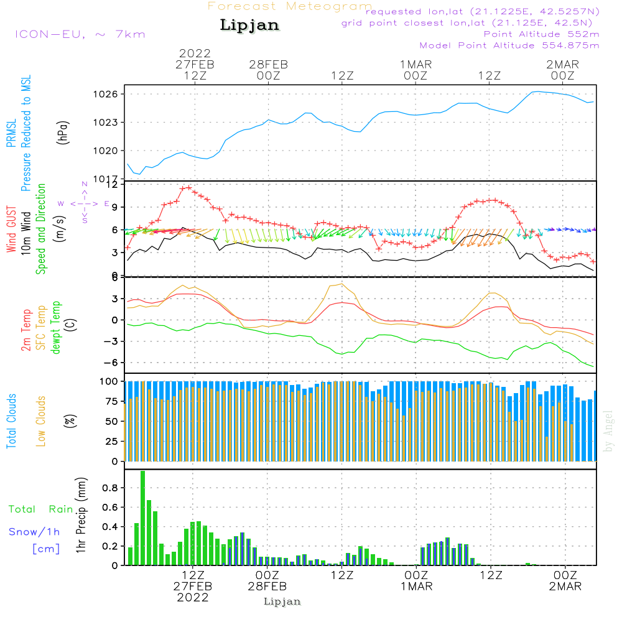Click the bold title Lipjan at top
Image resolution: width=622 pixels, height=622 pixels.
249,26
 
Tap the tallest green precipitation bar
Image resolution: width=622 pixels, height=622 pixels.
142,518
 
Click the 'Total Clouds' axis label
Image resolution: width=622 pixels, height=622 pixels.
12,421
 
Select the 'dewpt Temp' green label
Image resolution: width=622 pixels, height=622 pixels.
55,328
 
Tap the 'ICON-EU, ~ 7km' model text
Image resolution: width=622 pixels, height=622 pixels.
80,34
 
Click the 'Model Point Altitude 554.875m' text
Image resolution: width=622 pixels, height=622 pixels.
509,45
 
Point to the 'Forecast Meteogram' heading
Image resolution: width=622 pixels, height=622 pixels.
290,6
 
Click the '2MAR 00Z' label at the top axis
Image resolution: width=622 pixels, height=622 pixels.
562,70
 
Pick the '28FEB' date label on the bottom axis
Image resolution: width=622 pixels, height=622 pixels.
267,586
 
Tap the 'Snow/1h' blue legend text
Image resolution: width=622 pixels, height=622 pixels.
35,531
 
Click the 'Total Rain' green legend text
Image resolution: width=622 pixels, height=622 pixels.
41,509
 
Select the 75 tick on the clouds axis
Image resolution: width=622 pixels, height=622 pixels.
109,401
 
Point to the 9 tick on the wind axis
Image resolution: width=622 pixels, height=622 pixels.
113,207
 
